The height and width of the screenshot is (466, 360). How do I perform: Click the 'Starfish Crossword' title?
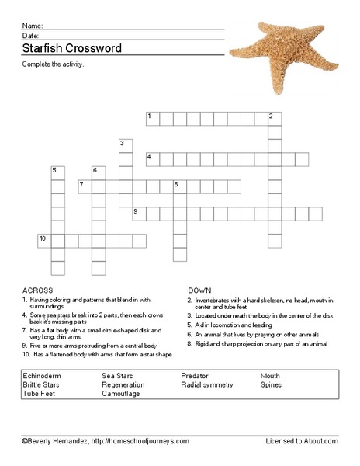[72, 48]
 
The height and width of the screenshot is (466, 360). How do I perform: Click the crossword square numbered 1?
[153, 118]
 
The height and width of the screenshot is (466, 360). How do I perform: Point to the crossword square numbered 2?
[274, 118]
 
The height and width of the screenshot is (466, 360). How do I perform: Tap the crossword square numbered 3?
[125, 145]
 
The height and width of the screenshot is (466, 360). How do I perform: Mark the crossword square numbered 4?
[153, 159]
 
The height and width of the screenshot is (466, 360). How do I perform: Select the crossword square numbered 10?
[43, 240]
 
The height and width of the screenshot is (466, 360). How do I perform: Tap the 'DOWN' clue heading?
[199, 288]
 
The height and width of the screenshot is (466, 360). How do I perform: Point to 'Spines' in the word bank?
[272, 384]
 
